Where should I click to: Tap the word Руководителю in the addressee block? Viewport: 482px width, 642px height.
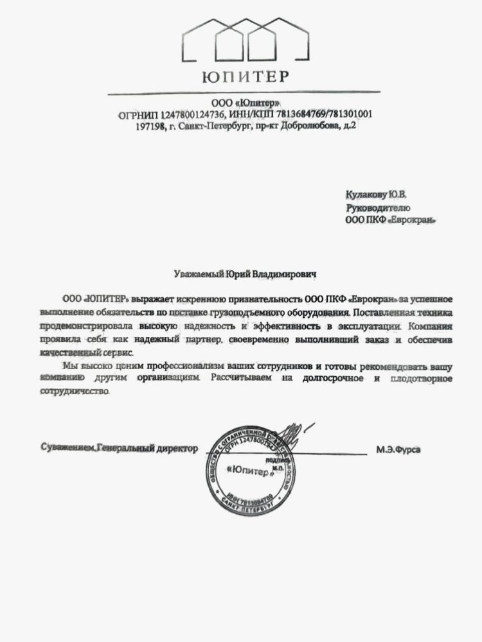tap(377, 208)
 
